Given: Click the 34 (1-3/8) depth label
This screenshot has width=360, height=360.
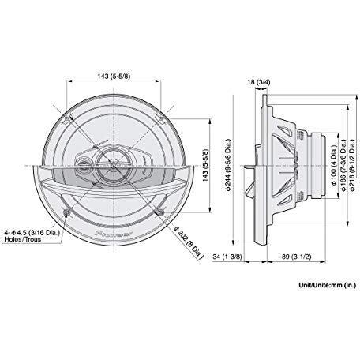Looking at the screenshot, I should [x=230, y=257].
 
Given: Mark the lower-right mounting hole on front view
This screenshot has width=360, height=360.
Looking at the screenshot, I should [x=160, y=212].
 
